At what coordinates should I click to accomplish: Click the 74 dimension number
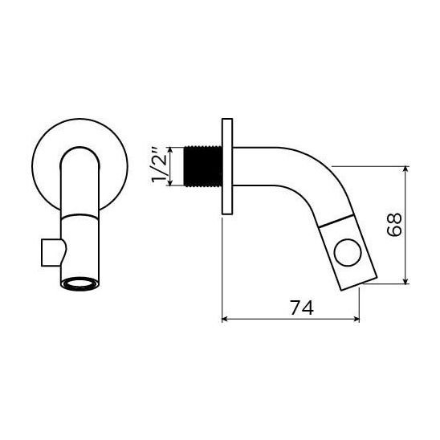[x=302, y=308]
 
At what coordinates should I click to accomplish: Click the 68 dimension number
[x=394, y=225]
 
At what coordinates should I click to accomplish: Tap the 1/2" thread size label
[x=159, y=166]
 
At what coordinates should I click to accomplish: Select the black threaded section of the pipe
[x=202, y=166]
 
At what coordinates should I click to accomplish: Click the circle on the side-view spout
[x=348, y=252]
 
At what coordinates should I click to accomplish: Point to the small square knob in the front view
[x=51, y=252]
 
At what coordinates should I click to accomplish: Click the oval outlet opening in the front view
[x=79, y=283]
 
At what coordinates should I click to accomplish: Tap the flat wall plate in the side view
[x=227, y=166]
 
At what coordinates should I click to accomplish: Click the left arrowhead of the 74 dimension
[x=225, y=319]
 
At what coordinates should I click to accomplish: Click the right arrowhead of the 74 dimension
[x=357, y=319]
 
